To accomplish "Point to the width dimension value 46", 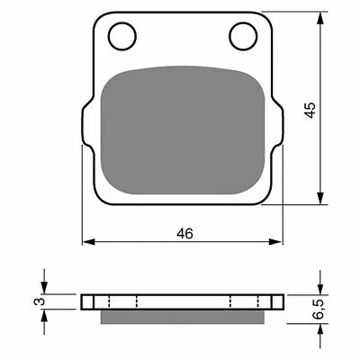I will (x=184, y=232).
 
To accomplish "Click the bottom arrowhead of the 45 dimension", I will (x=320, y=202).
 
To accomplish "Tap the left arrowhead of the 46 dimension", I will (x=87, y=242).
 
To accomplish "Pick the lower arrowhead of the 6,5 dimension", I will (x=320, y=325).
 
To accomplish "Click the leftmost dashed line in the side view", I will (x=109, y=301).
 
